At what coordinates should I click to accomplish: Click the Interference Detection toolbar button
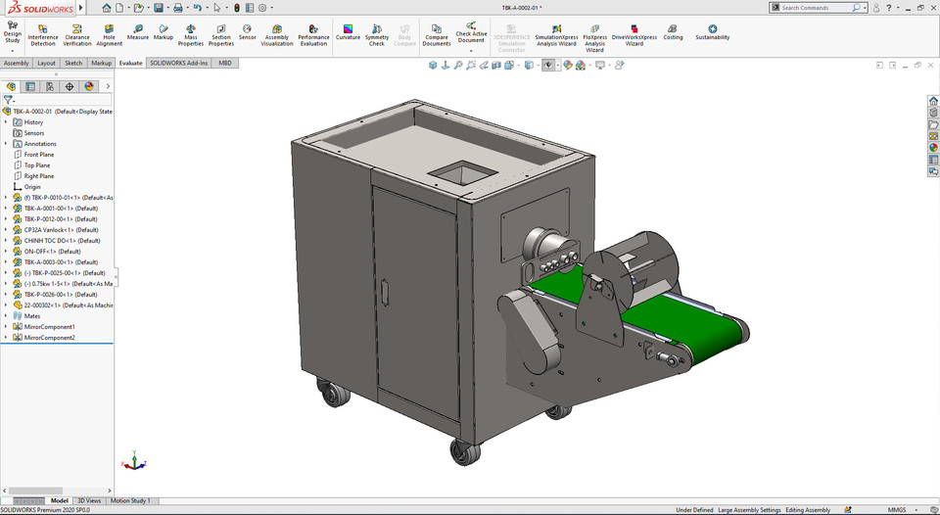pos(43,34)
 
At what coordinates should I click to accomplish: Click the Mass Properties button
pos(191,34)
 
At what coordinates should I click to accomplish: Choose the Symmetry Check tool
pos(377,34)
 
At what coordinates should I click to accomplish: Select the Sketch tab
pos(73,63)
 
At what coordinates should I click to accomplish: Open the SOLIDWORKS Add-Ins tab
pos(178,63)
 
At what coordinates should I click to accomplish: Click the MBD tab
pos(225,63)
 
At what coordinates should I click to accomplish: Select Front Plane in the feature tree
pos(39,155)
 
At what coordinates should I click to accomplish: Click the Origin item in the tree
pos(32,187)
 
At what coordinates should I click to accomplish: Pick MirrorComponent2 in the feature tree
pos(49,338)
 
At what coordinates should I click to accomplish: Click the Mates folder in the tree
pos(33,316)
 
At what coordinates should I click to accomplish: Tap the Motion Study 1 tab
pos(130,500)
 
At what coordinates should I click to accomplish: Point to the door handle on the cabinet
pos(385,291)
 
